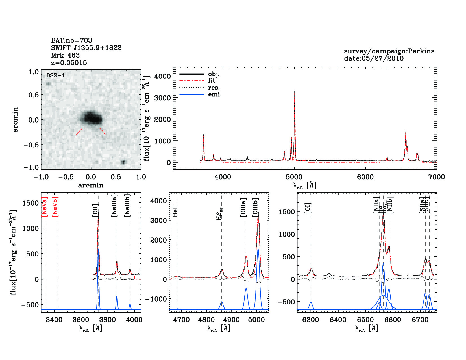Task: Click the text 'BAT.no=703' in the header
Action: coord(71,40)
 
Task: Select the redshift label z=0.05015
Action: coord(69,63)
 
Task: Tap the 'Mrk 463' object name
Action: coord(65,55)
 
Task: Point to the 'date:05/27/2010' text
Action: coord(374,58)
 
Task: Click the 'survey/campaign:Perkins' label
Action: coord(389,51)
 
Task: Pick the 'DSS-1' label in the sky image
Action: coord(55,75)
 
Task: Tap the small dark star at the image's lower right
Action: coord(123,162)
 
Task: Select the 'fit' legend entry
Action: coord(212,81)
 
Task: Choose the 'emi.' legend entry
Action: coord(215,94)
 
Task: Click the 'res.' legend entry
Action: coord(214,88)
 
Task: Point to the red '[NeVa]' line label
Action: coord(44,207)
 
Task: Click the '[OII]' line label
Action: coord(95,210)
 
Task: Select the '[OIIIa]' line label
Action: coord(243,208)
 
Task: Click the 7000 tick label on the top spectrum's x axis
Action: coord(436,177)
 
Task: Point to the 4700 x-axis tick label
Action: coord(181,320)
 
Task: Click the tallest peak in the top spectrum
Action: coord(295,90)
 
